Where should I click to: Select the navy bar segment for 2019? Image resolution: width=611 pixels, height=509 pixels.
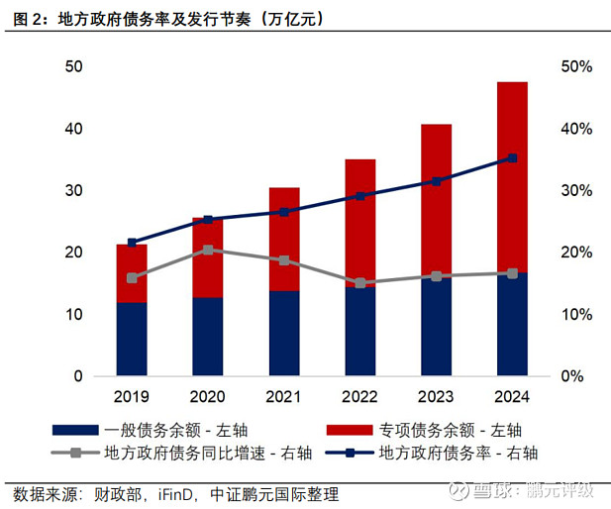(x=132, y=339)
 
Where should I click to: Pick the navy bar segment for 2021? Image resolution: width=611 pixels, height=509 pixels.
(x=284, y=334)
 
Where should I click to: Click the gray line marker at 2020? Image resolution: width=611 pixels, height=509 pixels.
(x=208, y=250)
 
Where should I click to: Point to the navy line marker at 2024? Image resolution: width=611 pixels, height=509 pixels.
(x=512, y=158)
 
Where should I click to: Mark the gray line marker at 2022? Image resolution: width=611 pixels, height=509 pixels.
(x=360, y=283)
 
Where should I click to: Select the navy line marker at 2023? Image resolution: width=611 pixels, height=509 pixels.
(x=437, y=181)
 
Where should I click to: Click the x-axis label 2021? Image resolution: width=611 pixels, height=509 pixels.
(x=284, y=397)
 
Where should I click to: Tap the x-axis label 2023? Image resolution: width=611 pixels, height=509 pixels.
(x=437, y=397)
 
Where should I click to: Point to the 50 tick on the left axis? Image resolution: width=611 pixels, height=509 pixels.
(x=72, y=67)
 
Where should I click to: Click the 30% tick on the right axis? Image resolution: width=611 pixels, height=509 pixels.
(x=575, y=191)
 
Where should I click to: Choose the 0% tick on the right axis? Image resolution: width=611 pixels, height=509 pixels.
(x=575, y=376)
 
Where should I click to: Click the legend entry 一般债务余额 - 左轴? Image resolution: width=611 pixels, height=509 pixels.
(x=173, y=430)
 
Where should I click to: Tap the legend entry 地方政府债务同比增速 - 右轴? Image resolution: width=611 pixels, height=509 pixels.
(x=193, y=454)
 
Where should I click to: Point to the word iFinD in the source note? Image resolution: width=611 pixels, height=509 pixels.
(x=180, y=493)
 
